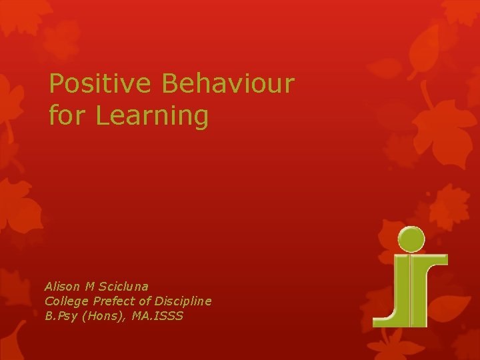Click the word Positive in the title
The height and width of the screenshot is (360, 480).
click(101, 84)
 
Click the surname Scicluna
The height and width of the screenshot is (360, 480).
click(123, 287)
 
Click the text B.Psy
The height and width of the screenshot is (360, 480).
click(61, 316)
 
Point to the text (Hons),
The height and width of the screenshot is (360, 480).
click(105, 316)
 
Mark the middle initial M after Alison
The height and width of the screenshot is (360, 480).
click(90, 287)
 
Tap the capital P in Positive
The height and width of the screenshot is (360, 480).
click(57, 84)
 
